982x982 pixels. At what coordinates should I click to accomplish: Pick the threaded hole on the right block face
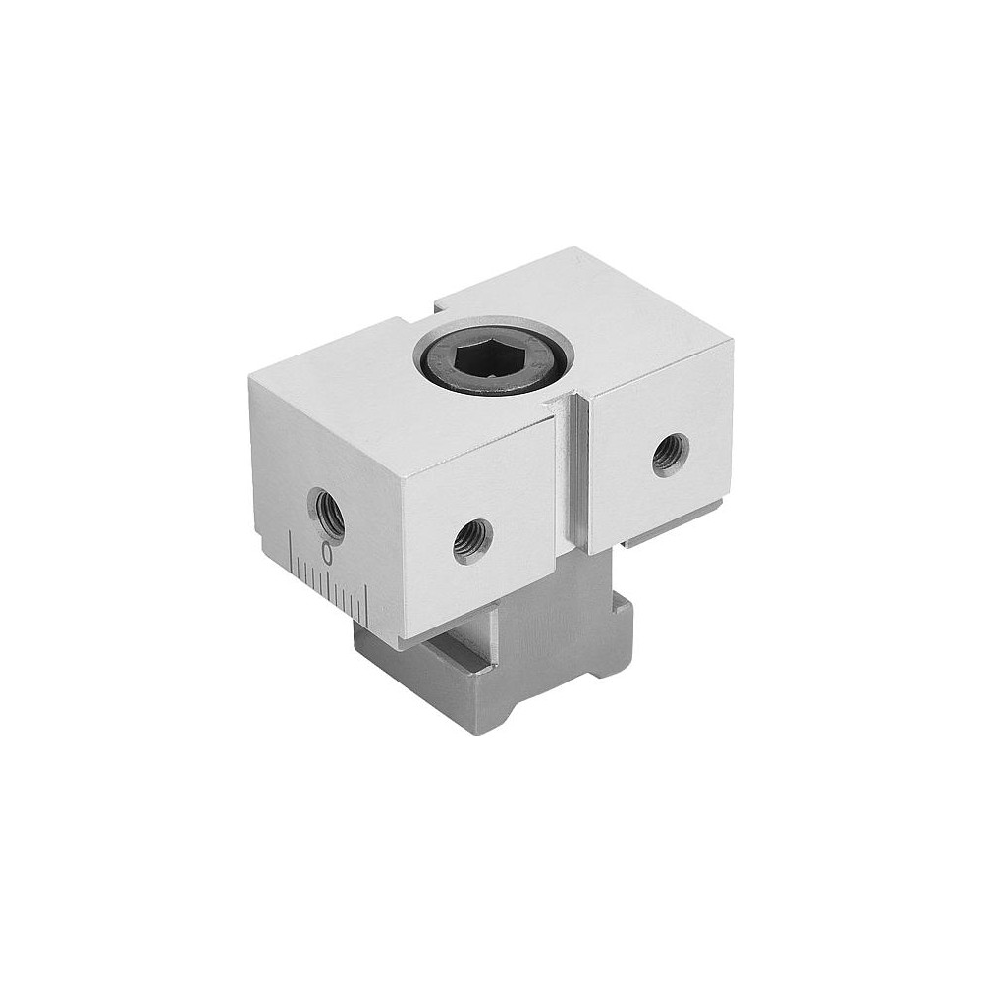tap(671, 454)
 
